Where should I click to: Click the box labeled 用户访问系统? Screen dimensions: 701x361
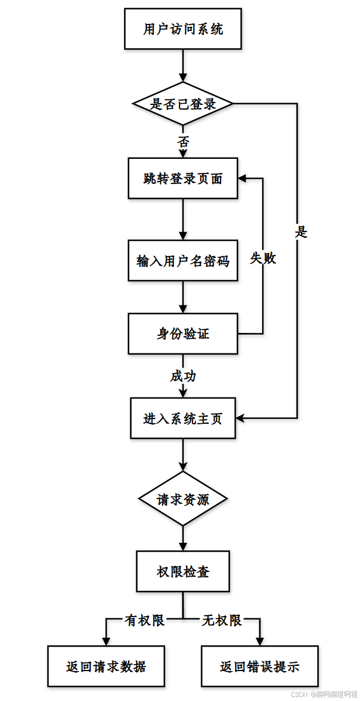tap(183, 29)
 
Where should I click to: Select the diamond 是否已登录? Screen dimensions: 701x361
tap(183, 104)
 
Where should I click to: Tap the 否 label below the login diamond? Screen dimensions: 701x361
tap(183, 142)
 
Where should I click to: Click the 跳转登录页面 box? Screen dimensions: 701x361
tap(183, 179)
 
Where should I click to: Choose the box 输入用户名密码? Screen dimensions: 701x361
tap(183, 261)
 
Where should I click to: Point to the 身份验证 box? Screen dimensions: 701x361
tap(183, 334)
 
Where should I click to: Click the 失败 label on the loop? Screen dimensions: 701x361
tap(263, 258)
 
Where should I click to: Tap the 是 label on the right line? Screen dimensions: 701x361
tap(301, 232)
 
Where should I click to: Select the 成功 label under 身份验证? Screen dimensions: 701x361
tap(183, 376)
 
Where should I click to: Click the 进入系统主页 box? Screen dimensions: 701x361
tap(183, 418)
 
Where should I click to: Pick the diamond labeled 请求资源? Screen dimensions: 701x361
tap(183, 499)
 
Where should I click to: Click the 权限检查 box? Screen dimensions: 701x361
tap(183, 571)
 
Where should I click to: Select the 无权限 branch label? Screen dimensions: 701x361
tap(222, 621)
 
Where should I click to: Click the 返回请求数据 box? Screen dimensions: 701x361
tap(106, 666)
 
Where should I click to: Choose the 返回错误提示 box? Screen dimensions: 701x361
tap(260, 666)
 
